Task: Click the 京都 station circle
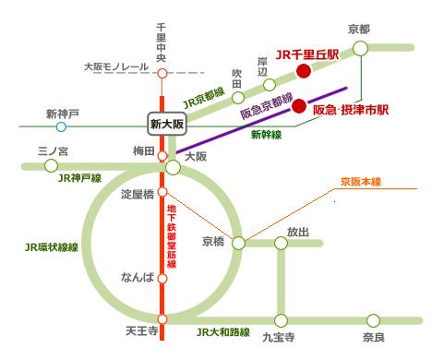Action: (360, 48)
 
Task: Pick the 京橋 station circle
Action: (239, 244)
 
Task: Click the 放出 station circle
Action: (280, 244)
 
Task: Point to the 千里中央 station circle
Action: (162, 72)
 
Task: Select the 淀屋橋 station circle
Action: (162, 193)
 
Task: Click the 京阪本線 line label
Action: (361, 182)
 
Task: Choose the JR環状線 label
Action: (52, 248)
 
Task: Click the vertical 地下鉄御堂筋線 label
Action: (172, 234)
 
